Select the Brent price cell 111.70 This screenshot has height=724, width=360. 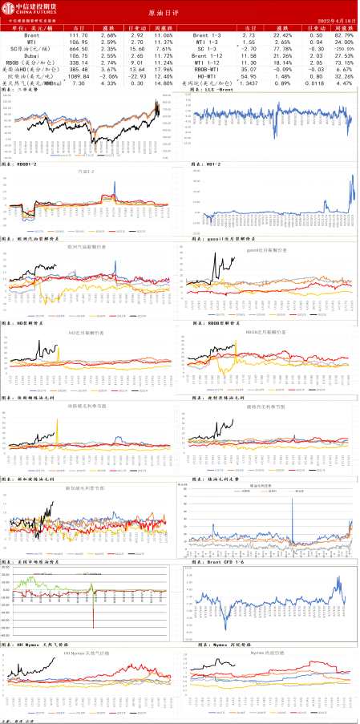point(79,37)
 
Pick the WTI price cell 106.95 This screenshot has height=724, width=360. point(79,44)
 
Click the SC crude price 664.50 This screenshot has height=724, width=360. point(79,51)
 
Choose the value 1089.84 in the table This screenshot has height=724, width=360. point(79,74)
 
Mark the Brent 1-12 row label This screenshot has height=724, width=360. point(207,59)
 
